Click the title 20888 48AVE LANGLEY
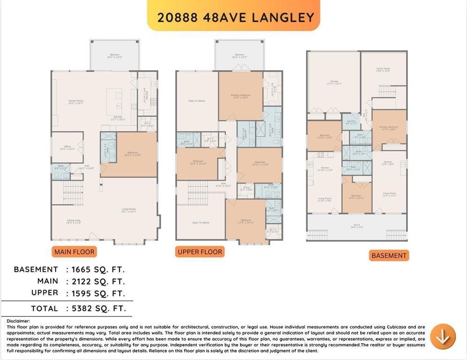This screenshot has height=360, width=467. click(x=235, y=17)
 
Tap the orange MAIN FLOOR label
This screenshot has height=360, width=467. click(x=74, y=252)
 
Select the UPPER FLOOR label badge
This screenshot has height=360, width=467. click(x=200, y=252)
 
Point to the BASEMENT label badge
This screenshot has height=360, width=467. click(x=388, y=255)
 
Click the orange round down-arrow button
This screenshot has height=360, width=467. click(x=443, y=337)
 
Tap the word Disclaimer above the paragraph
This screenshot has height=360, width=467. click(x=18, y=321)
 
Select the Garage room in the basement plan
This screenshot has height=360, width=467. click(x=334, y=82)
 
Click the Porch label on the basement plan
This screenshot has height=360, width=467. click(x=357, y=226)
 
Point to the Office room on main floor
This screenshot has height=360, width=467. click(x=67, y=147)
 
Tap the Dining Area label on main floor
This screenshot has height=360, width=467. click(x=74, y=221)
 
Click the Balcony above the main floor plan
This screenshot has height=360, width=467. click(x=115, y=56)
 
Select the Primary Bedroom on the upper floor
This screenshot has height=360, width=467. click(x=240, y=96)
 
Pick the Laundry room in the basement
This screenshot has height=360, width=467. click(x=351, y=122)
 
